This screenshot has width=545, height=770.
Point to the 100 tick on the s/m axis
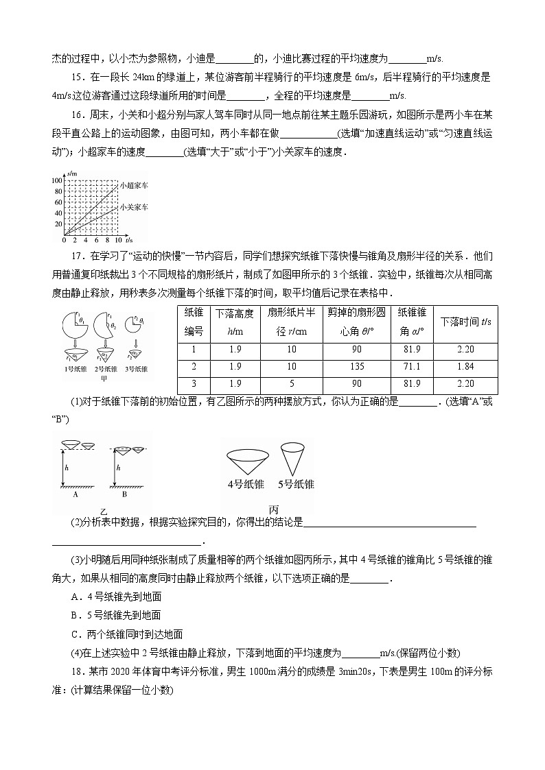tap(56, 180)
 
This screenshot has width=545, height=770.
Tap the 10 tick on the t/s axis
tap(119, 241)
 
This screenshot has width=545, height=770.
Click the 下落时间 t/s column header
tap(465, 321)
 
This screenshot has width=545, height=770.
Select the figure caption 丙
tap(273, 509)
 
